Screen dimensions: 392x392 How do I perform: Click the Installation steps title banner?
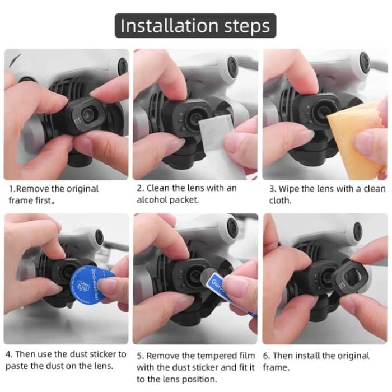click(x=195, y=26)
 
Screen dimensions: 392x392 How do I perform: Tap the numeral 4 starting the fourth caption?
click(x=8, y=354)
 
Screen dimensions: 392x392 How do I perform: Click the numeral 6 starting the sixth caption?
click(x=266, y=356)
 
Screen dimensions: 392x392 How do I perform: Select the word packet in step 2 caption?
click(x=187, y=200)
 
